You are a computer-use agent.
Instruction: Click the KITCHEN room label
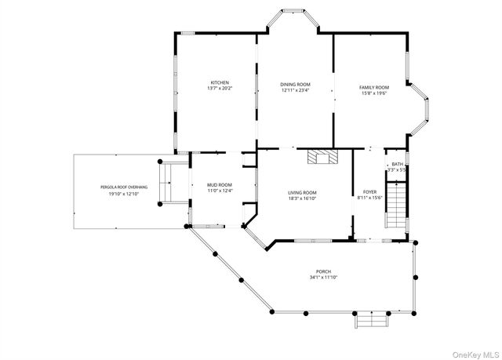pyautogui.click(x=219, y=82)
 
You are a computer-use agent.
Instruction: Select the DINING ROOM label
pyautogui.click(x=296, y=84)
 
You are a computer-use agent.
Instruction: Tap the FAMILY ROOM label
pyautogui.click(x=374, y=87)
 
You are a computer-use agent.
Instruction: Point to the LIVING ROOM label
pyautogui.click(x=302, y=192)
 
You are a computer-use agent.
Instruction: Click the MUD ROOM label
pyautogui.click(x=220, y=185)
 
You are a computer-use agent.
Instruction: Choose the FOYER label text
pyautogui.click(x=369, y=192)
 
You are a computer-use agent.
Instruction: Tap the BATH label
pyautogui.click(x=397, y=164)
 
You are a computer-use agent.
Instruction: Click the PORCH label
pyautogui.click(x=323, y=271)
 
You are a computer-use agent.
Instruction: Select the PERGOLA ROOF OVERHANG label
pyautogui.click(x=124, y=187)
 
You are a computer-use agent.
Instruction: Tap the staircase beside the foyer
pyautogui.click(x=398, y=205)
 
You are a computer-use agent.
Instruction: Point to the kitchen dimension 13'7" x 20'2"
pyautogui.click(x=219, y=89)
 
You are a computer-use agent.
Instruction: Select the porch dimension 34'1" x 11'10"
pyautogui.click(x=323, y=277)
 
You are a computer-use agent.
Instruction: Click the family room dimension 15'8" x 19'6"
pyautogui.click(x=374, y=93)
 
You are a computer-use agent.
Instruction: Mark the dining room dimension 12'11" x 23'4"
pyautogui.click(x=296, y=90)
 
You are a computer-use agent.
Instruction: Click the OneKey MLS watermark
pyautogui.click(x=473, y=352)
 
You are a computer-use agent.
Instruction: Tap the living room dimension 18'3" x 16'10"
pyautogui.click(x=302, y=198)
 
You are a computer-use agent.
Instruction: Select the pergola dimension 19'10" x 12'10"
pyautogui.click(x=124, y=194)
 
